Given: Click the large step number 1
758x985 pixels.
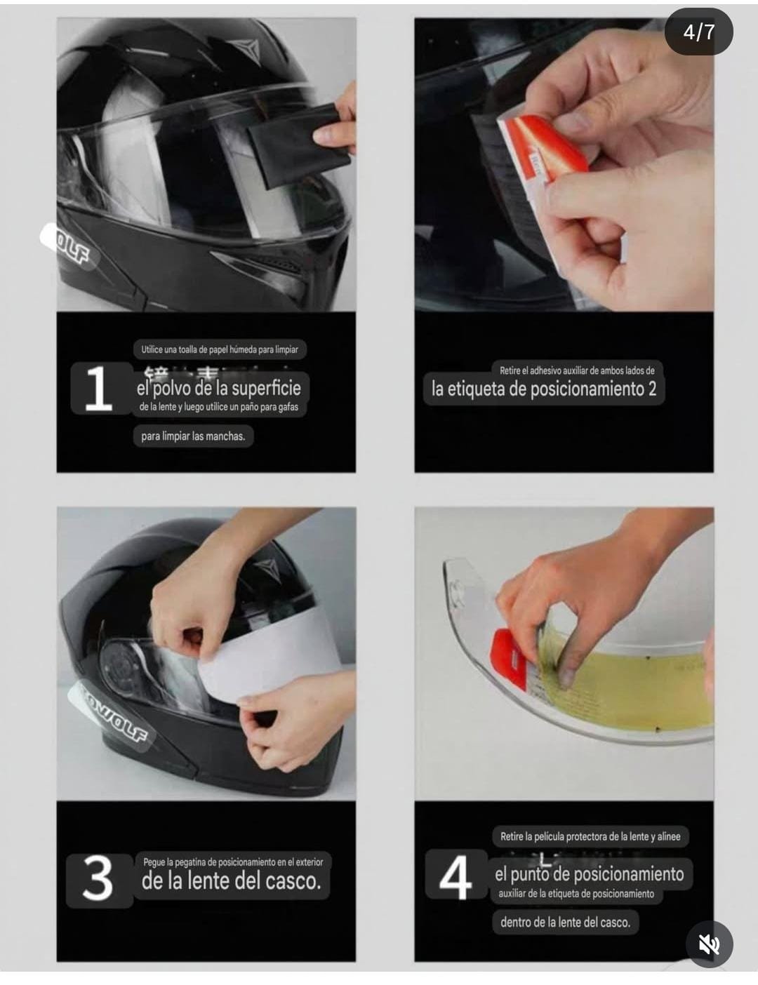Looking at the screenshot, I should tap(98, 388).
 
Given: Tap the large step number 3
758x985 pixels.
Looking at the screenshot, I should tap(98, 879).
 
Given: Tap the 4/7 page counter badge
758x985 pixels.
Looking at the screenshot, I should tap(698, 32).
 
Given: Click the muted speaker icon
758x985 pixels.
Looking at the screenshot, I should tap(709, 944).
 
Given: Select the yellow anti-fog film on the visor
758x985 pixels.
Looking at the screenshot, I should tap(625, 684).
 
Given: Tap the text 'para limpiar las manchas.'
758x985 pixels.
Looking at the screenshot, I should tap(193, 436).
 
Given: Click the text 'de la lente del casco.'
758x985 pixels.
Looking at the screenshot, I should tap(231, 880).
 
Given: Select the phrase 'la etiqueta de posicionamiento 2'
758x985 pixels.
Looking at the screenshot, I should tap(544, 389).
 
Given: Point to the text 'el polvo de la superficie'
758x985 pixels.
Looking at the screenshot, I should tap(218, 389).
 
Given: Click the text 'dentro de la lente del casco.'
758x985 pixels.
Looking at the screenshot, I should tap(565, 922).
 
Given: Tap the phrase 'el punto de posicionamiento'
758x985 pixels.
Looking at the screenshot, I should tap(589, 874).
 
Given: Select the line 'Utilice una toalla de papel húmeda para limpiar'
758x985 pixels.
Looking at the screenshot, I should tap(220, 349).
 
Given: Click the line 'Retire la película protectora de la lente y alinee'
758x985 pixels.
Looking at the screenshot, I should tap(590, 836).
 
